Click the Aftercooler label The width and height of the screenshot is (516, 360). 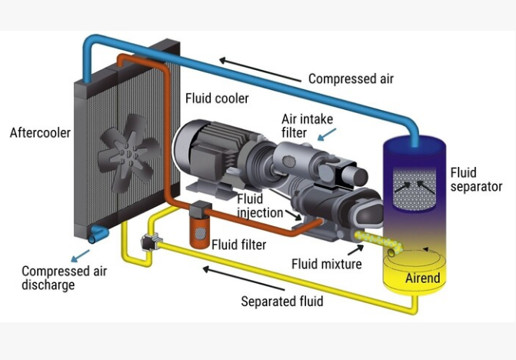pyautogui.click(x=40, y=133)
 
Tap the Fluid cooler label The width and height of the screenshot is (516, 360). pyautogui.click(x=218, y=99)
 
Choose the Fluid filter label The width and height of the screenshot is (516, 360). pyautogui.click(x=238, y=245)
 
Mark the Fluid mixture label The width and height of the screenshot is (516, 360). pyautogui.click(x=326, y=264)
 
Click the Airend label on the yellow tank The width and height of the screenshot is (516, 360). pyautogui.click(x=423, y=277)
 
